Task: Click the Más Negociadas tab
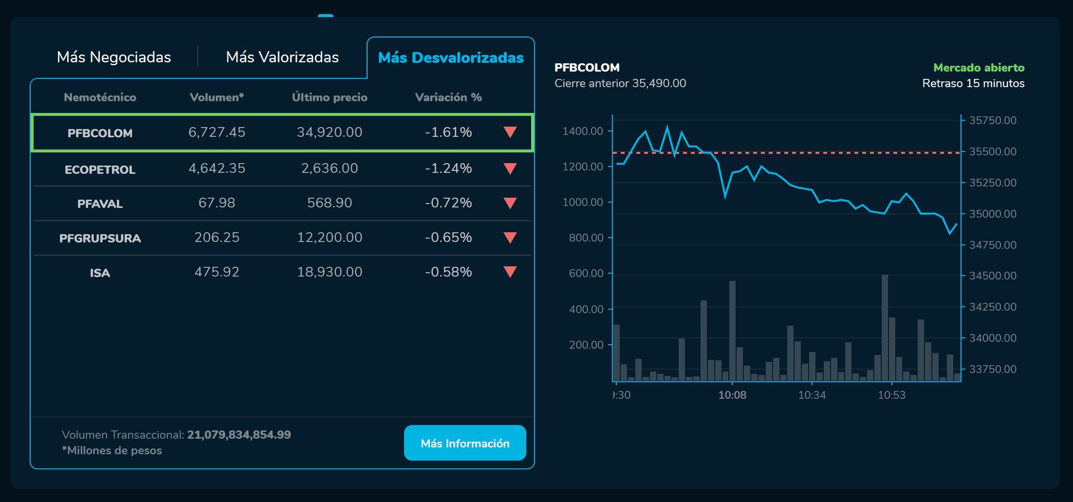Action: (114, 57)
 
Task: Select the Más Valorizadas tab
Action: (282, 57)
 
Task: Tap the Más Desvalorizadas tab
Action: (451, 58)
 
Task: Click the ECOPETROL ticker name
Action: (100, 169)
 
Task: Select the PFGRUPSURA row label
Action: (100, 238)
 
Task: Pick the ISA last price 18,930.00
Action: (330, 272)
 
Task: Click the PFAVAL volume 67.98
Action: (217, 203)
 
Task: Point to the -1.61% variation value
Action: (448, 132)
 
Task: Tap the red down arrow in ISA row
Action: (510, 272)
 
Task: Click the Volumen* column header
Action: (217, 97)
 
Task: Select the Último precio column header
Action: (330, 97)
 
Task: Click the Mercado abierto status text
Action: (979, 68)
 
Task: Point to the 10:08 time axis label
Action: (732, 395)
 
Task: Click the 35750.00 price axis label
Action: (993, 121)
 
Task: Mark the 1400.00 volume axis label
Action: (583, 131)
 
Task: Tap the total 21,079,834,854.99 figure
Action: (239, 435)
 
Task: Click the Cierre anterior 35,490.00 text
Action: (620, 83)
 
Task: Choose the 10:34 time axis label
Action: (812, 395)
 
